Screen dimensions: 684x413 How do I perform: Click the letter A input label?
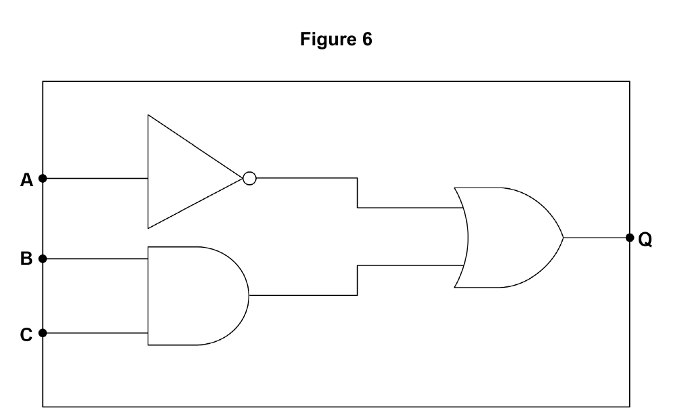coord(26,179)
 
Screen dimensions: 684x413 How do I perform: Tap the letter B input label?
coord(26,259)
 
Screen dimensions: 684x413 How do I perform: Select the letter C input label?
coord(26,334)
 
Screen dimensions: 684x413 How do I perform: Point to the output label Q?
coord(645,239)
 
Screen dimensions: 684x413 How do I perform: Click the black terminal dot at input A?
coord(43,178)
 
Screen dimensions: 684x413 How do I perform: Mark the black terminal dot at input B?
coord(43,259)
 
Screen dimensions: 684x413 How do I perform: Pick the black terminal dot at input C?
coord(43,332)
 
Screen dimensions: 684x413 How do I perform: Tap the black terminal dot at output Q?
coord(629,238)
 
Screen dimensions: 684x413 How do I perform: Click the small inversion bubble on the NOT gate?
coord(249,178)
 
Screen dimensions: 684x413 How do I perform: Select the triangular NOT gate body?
coord(148,171)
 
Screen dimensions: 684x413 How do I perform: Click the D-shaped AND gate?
coord(148,296)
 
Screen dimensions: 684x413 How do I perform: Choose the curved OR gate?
coord(563,238)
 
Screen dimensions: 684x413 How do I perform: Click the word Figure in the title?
coord(326,40)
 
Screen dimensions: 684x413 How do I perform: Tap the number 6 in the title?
coord(367,39)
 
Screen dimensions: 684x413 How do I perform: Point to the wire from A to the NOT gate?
coord(95,178)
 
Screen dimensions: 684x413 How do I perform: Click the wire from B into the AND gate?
coord(95,259)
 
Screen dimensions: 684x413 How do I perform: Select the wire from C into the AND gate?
coord(95,332)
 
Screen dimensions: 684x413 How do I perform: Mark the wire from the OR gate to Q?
coord(597,238)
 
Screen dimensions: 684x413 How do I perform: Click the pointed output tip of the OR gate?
coord(563,238)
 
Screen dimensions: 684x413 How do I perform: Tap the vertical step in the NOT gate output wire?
coord(358,193)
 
